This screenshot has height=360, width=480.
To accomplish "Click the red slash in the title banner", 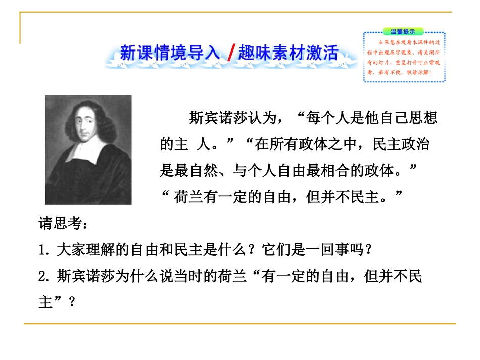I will [x=230, y=53].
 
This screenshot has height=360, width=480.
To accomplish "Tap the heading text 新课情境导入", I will [x=170, y=53].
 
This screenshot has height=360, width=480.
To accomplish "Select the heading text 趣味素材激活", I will [x=288, y=53].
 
